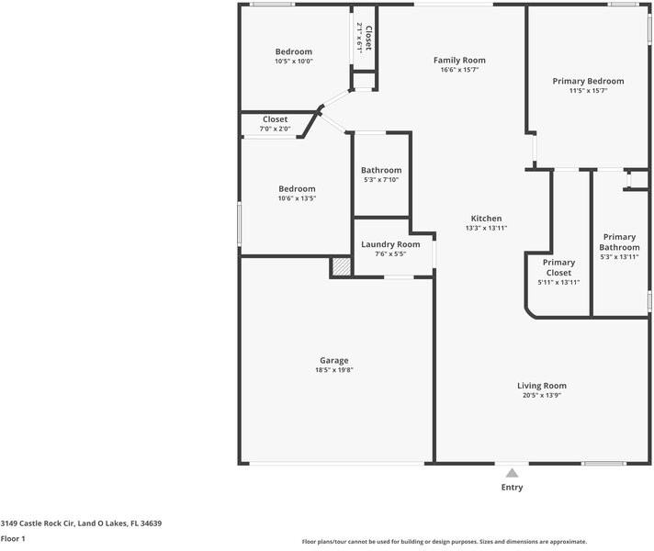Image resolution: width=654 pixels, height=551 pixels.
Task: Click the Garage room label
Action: [334, 360]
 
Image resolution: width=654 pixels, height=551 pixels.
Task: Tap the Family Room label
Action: [459, 60]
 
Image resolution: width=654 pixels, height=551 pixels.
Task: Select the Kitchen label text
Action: [486, 219]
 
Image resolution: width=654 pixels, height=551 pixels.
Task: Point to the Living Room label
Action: [542, 386]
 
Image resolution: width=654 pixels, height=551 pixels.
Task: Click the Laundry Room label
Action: [390, 244]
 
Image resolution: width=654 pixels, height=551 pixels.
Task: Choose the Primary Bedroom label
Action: [588, 81]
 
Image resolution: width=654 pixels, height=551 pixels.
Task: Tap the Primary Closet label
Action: [558, 267]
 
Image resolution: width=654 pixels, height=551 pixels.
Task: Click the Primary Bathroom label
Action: [619, 242]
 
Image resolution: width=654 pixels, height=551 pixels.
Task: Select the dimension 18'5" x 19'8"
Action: [334, 370]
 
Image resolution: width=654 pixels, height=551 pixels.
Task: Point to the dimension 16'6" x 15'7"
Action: [459, 70]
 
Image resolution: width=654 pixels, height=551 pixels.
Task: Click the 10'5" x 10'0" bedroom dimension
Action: [294, 62]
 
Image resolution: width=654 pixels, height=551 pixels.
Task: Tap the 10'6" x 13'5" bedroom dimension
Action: [297, 198]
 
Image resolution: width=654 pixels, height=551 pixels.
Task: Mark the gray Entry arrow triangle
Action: [513, 473]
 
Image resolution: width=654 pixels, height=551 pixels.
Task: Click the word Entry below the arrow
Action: [513, 488]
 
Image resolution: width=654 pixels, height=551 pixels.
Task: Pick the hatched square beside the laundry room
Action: [342, 267]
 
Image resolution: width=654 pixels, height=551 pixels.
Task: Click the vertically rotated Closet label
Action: [368, 39]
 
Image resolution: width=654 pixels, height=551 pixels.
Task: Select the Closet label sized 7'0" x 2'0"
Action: [275, 119]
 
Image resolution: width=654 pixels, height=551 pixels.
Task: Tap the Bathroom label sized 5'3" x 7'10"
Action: [381, 170]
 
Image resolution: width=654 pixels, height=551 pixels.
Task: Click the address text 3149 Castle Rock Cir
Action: [38, 523]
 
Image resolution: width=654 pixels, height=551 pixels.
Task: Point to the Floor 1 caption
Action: [13, 538]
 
